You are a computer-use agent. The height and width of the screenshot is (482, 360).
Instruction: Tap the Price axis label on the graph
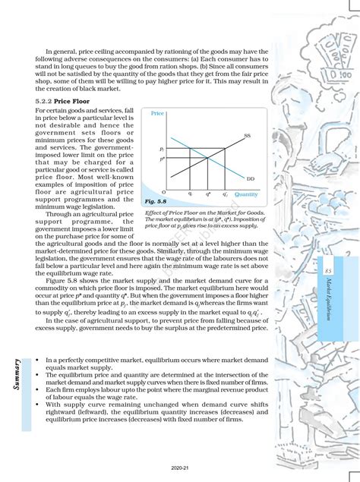(157, 113)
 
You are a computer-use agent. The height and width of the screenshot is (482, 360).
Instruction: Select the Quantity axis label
(246, 194)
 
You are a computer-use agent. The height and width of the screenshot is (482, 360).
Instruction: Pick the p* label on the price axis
(162, 159)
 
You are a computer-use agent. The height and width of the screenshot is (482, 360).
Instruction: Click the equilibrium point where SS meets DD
(209, 159)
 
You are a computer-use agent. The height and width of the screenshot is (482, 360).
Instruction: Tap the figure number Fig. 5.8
(155, 202)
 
